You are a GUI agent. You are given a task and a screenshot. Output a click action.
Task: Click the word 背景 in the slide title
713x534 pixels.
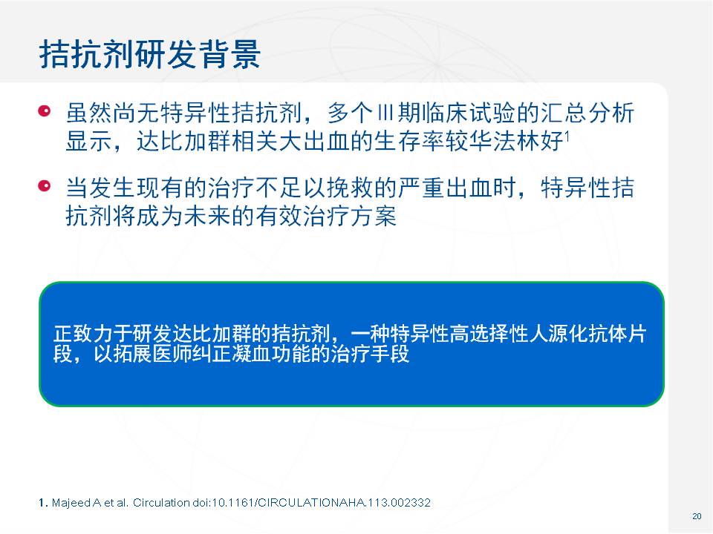(229, 54)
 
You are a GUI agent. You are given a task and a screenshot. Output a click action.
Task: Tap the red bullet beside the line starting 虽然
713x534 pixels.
(44, 111)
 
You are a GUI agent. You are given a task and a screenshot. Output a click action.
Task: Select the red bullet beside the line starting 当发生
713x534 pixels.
(44, 185)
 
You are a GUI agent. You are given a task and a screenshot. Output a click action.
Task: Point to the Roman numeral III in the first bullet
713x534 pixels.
(385, 113)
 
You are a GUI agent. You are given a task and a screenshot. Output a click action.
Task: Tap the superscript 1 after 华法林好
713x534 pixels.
(567, 135)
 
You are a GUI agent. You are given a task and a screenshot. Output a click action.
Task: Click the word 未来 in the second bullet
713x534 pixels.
(207, 216)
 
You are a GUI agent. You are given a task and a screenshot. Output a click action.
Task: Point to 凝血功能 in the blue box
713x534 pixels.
(271, 354)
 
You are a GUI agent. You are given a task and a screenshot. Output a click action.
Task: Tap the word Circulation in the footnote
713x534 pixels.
(161, 503)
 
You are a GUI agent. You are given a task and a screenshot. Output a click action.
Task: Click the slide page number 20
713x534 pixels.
(697, 516)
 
